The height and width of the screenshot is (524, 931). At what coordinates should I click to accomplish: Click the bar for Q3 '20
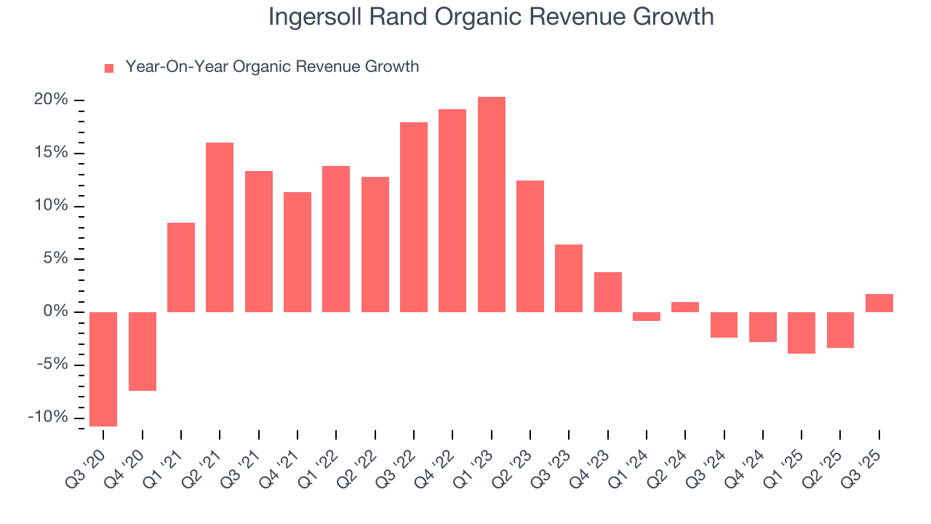pyautogui.click(x=103, y=369)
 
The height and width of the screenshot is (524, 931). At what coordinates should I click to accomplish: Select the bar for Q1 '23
pyautogui.click(x=491, y=205)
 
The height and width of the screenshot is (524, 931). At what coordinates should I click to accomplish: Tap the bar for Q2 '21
pyautogui.click(x=220, y=227)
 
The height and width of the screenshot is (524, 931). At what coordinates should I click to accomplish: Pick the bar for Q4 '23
pyautogui.click(x=607, y=292)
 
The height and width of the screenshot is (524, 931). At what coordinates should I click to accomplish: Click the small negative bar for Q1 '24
pyautogui.click(x=647, y=317)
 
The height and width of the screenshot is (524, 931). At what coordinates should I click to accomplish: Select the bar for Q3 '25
pyautogui.click(x=879, y=303)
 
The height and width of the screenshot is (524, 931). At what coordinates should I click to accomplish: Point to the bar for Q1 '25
pyautogui.click(x=802, y=333)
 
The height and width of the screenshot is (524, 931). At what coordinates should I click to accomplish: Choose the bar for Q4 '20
pyautogui.click(x=143, y=352)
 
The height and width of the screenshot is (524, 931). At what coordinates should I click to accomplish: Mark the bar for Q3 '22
pyautogui.click(x=414, y=217)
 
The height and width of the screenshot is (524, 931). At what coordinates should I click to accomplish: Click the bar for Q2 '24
pyautogui.click(x=685, y=307)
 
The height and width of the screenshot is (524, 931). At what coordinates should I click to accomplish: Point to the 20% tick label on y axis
pyautogui.click(x=51, y=100)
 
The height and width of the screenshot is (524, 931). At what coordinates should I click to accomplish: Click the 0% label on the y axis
pyautogui.click(x=56, y=311)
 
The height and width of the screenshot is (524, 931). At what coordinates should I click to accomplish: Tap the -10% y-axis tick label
pyautogui.click(x=48, y=417)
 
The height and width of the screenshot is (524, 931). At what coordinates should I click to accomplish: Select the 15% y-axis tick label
pyautogui.click(x=51, y=153)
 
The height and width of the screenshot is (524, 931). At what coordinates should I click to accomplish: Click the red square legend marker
pyautogui.click(x=109, y=68)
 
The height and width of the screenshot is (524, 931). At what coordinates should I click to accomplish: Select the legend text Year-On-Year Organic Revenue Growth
pyautogui.click(x=272, y=67)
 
